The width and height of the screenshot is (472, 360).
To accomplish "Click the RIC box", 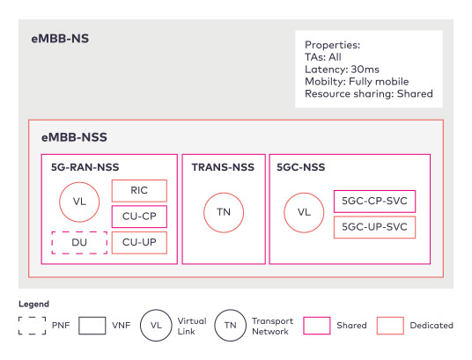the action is click(x=139, y=190).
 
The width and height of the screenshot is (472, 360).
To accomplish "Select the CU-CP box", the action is click(x=139, y=217).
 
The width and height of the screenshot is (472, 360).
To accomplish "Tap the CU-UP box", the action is click(x=139, y=243).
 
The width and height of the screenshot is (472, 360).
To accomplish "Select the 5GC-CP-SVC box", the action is click(x=375, y=201).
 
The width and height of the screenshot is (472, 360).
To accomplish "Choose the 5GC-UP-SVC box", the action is click(x=375, y=227).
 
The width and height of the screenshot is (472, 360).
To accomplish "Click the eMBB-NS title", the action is click(x=60, y=39).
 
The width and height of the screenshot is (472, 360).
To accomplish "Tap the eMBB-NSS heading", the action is click(x=74, y=137).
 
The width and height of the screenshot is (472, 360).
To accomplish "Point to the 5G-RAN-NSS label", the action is click(x=85, y=167).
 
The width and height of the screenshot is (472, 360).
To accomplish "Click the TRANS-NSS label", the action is click(x=223, y=167).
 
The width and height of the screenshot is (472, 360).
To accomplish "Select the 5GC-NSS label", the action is click(x=301, y=167).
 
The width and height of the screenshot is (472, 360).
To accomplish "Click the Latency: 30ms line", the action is click(x=342, y=70).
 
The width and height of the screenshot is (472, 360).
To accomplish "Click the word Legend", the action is click(x=33, y=304).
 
